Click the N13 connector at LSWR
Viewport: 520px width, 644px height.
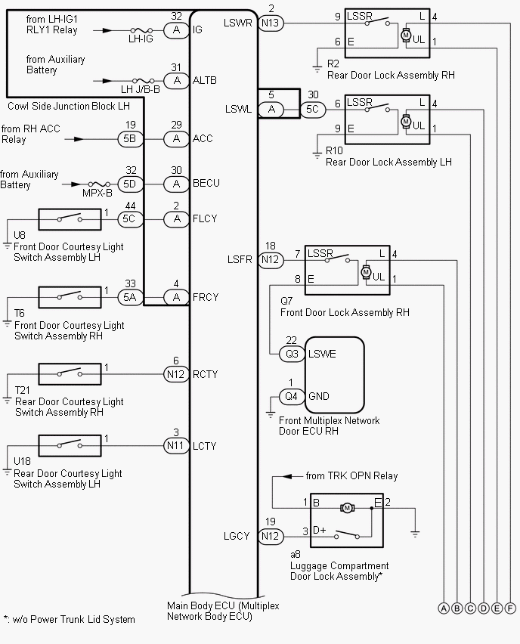pos(271,23)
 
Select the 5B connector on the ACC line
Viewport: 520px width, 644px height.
pos(130,138)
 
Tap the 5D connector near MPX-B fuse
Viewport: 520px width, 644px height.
pos(130,183)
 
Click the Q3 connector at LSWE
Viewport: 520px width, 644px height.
pos(291,354)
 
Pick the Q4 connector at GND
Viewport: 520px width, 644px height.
pos(291,396)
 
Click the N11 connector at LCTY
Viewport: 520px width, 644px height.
pos(176,446)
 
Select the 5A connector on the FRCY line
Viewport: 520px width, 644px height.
pos(130,297)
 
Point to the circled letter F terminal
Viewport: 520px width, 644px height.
pos(511,608)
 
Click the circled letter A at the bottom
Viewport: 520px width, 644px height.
pos(443,608)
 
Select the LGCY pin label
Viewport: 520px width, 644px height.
pos(237,536)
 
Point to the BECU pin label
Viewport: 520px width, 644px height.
pos(207,183)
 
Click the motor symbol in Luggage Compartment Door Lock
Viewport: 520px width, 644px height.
pos(348,507)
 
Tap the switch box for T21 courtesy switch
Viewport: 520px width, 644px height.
pos(70,373)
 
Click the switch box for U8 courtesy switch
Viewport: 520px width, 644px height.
pos(70,219)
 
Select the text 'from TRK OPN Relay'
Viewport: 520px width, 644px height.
pos(351,475)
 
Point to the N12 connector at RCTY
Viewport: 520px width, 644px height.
pos(176,373)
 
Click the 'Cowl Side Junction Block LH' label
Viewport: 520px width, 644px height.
pos(68,107)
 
